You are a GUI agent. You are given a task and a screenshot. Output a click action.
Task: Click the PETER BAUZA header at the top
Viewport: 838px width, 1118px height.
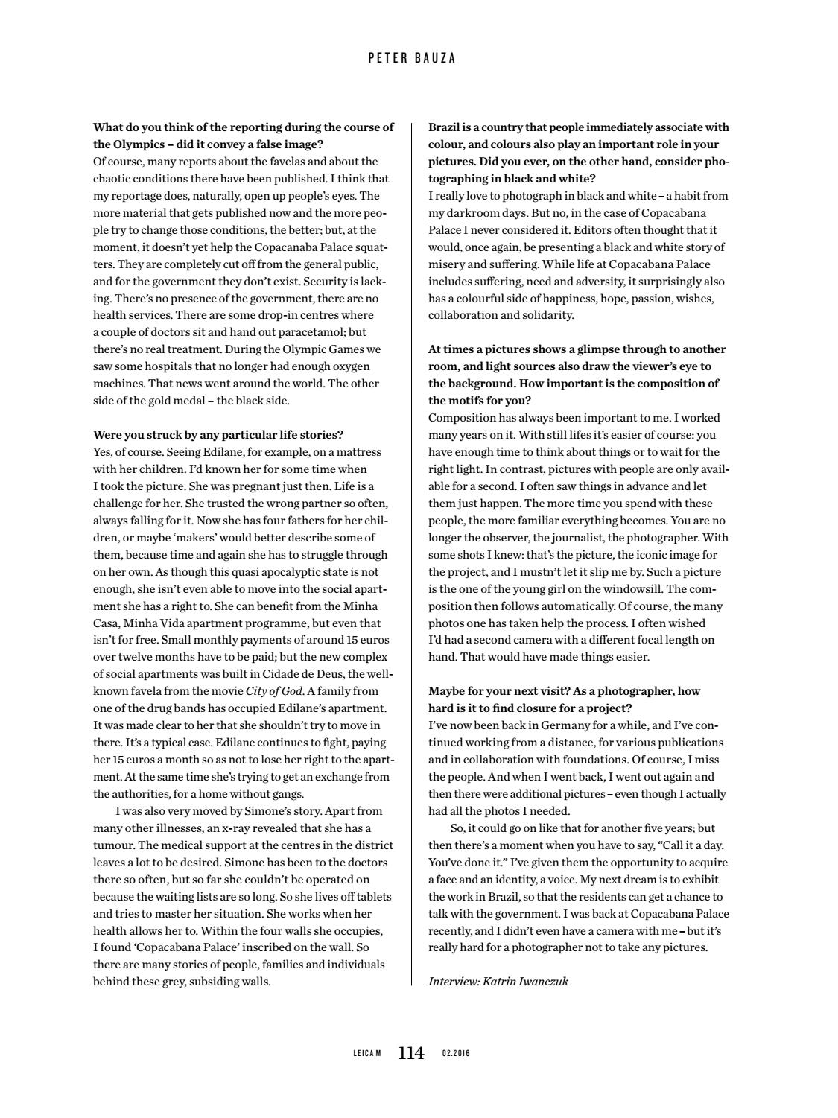(412, 57)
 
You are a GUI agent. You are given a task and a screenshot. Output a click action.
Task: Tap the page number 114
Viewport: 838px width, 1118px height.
(411, 1053)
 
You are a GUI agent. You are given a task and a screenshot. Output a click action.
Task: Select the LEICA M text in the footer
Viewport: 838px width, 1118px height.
(366, 1054)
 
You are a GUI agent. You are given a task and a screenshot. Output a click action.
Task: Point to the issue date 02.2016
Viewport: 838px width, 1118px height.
(456, 1054)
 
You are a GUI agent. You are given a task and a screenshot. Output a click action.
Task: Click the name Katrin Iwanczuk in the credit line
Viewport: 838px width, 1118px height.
(525, 982)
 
